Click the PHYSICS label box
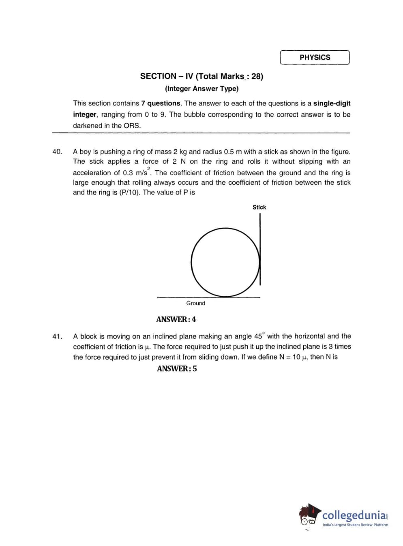coord(315,58)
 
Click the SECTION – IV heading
coord(201,76)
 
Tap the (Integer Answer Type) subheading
coord(201,88)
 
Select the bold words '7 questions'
coord(161,103)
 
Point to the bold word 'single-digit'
coord(332,103)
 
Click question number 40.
coord(57,152)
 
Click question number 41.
coord(57,336)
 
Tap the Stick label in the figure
coord(259,207)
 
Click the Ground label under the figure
coord(195,303)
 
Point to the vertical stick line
coord(260,249)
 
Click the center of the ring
coord(225,262)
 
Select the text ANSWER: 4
coord(176,319)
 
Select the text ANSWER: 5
coord(177,368)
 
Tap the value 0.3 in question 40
coord(128,173)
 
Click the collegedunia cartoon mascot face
coord(309,515)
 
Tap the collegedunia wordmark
coord(354,516)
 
